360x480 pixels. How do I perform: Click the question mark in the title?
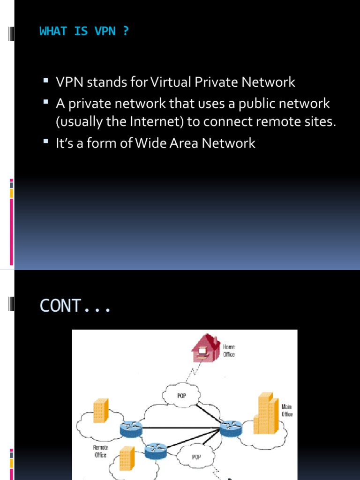[x=125, y=31]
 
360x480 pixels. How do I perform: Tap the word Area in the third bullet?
[x=186, y=143]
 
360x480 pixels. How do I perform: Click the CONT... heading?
[x=75, y=306]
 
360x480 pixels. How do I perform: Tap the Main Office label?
[x=287, y=410]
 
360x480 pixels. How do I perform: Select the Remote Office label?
[x=100, y=451]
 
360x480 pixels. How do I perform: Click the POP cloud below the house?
[x=181, y=395]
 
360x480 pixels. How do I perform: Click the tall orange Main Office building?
[x=266, y=413]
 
